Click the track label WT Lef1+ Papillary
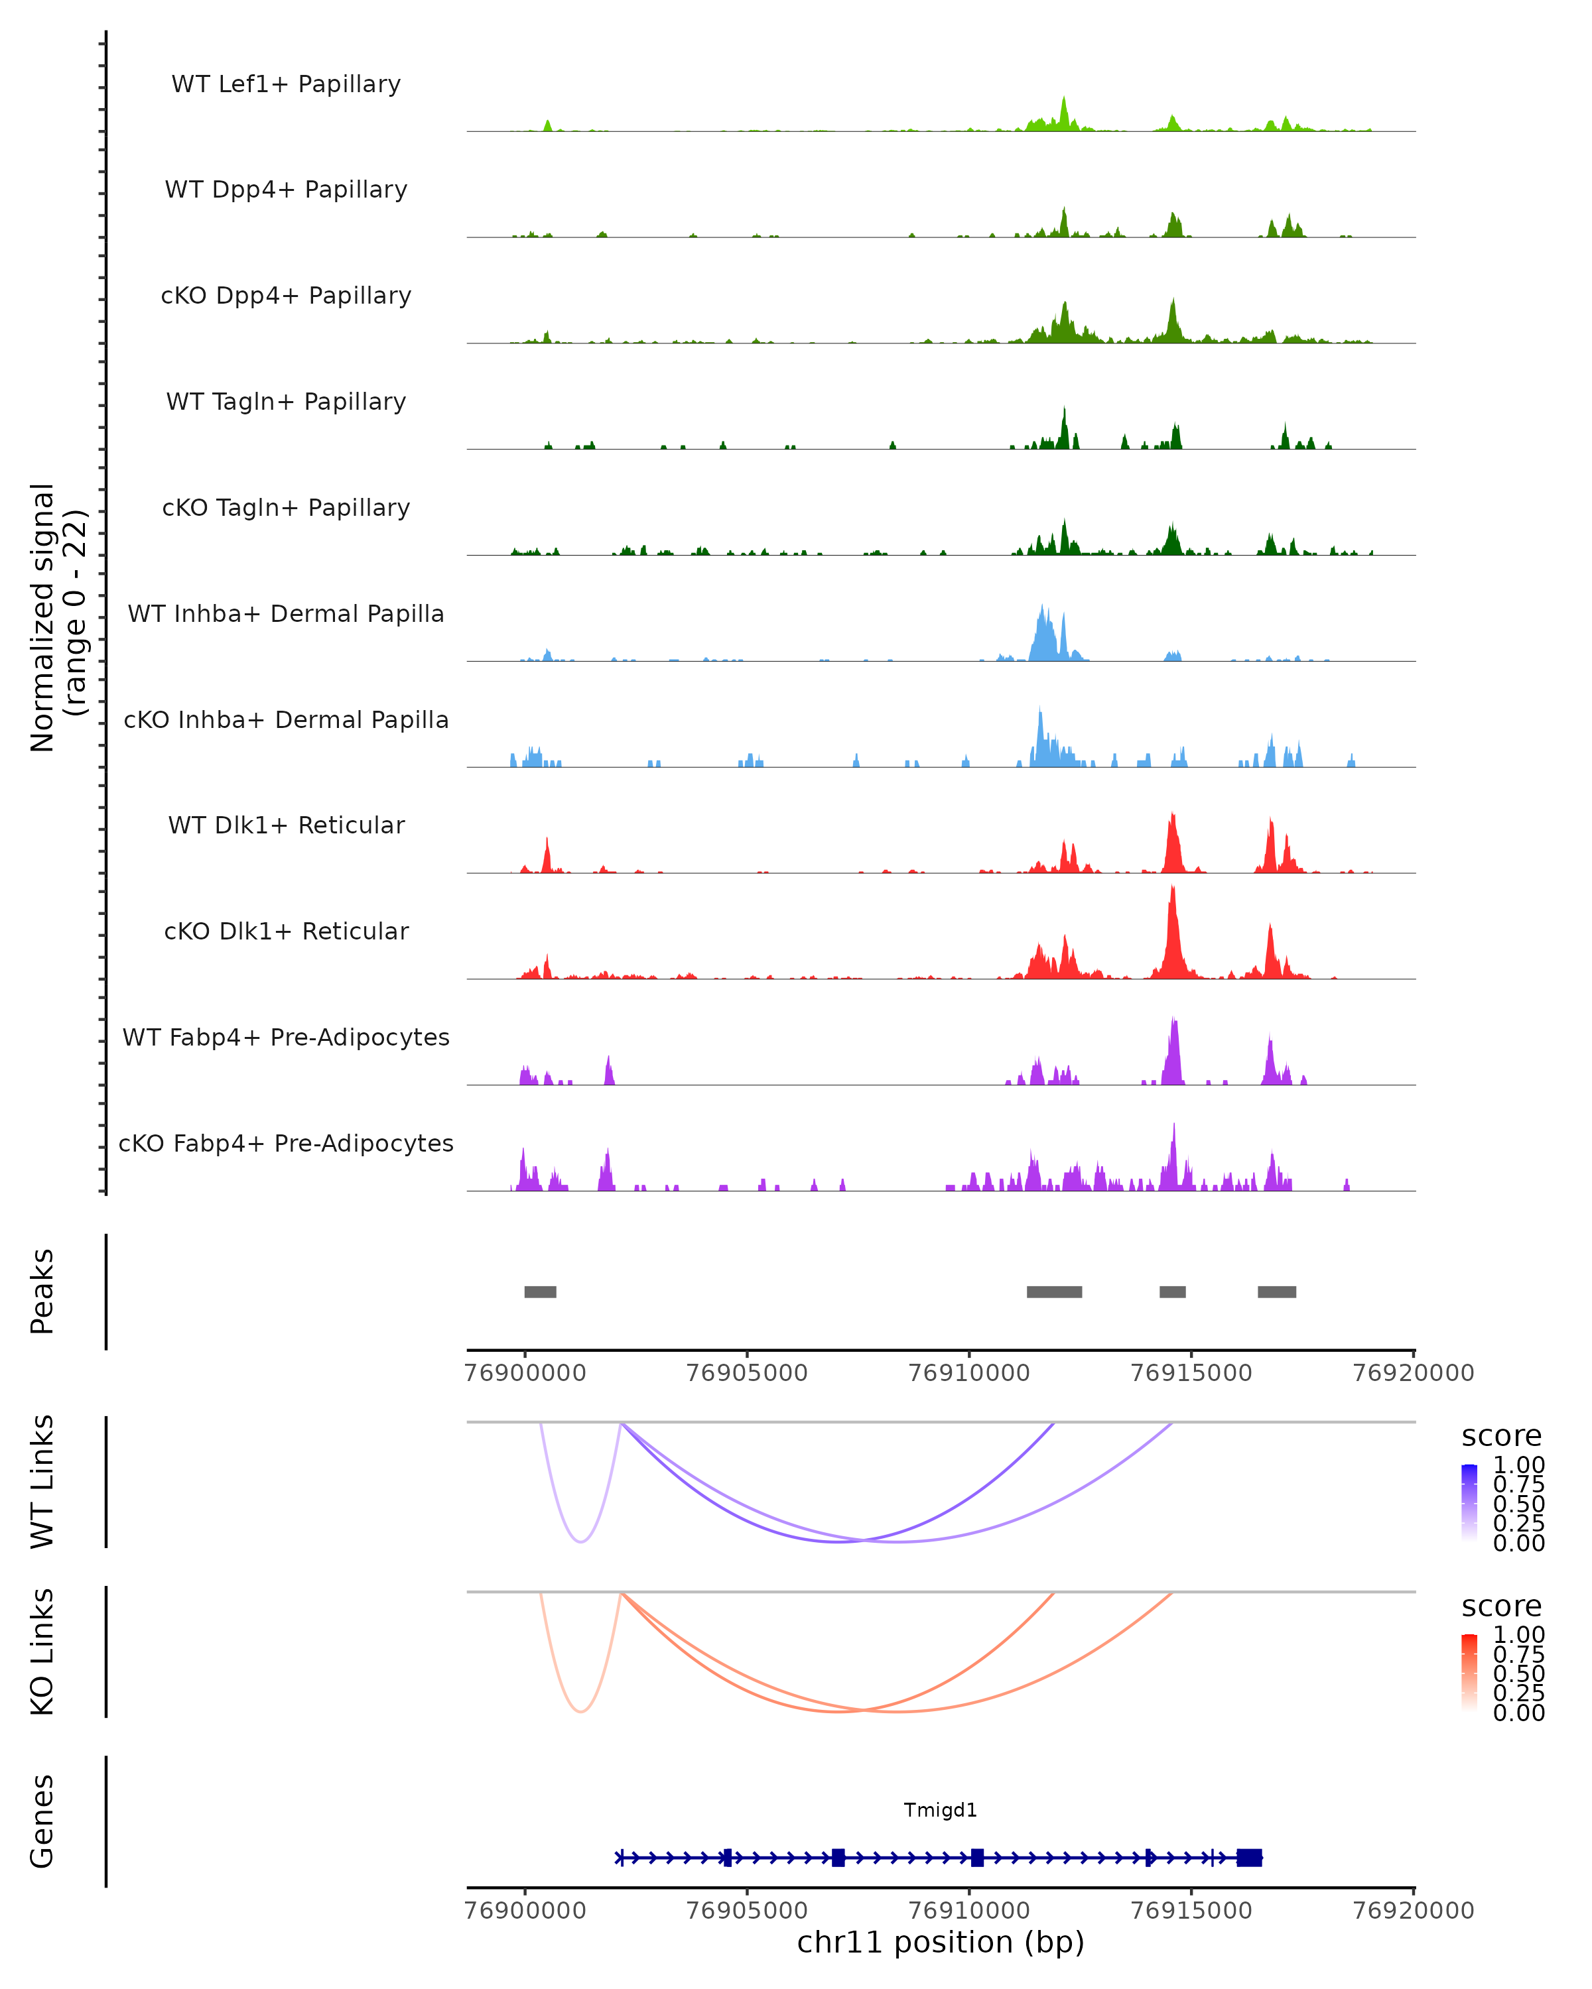click(x=286, y=84)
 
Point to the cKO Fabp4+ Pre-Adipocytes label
click(x=286, y=1143)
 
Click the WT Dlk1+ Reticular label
click(x=286, y=825)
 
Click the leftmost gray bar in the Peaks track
click(x=540, y=1292)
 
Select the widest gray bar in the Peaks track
click(x=1054, y=1292)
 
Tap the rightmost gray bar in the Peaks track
click(x=1276, y=1292)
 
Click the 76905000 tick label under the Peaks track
click(x=748, y=1373)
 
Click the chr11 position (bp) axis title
click(x=941, y=1942)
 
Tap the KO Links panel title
click(x=42, y=1652)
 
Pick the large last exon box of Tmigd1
click(x=1248, y=1858)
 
